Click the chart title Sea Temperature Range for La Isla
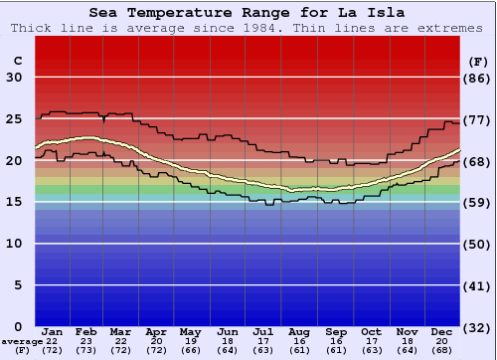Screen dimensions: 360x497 click(x=248, y=13)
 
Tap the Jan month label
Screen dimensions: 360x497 click(x=53, y=331)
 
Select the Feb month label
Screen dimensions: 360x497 click(x=87, y=331)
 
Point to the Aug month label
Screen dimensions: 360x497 click(x=300, y=331)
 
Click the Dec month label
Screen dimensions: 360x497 click(x=442, y=331)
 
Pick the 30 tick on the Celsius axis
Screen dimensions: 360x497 click(x=15, y=78)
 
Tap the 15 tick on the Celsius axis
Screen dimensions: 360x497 click(x=15, y=202)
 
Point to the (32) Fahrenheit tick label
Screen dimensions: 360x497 click(x=478, y=327)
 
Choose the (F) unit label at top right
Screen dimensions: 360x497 click(x=478, y=61)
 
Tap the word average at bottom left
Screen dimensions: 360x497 click(x=22, y=341)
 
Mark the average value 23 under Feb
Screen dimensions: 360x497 click(x=87, y=341)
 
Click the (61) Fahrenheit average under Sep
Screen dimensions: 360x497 click(x=336, y=350)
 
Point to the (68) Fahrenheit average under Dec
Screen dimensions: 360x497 click(x=442, y=350)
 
